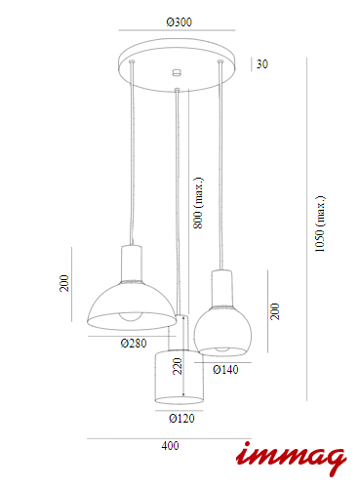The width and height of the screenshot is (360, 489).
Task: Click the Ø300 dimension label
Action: (x=180, y=22)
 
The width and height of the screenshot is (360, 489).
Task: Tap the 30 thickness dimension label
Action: (x=262, y=64)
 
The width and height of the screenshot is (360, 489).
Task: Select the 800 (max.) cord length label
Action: (x=198, y=203)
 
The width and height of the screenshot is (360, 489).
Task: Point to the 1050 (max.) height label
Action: (x=320, y=224)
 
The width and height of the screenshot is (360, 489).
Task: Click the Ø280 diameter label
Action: (x=134, y=343)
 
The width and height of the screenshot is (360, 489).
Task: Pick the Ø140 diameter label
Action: (x=225, y=370)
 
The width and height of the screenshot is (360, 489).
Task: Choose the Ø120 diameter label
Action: (x=181, y=418)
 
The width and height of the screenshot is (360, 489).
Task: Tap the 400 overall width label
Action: (x=170, y=446)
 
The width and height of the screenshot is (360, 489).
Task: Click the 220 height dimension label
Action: (x=178, y=366)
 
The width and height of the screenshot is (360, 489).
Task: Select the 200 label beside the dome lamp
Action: (x=64, y=283)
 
